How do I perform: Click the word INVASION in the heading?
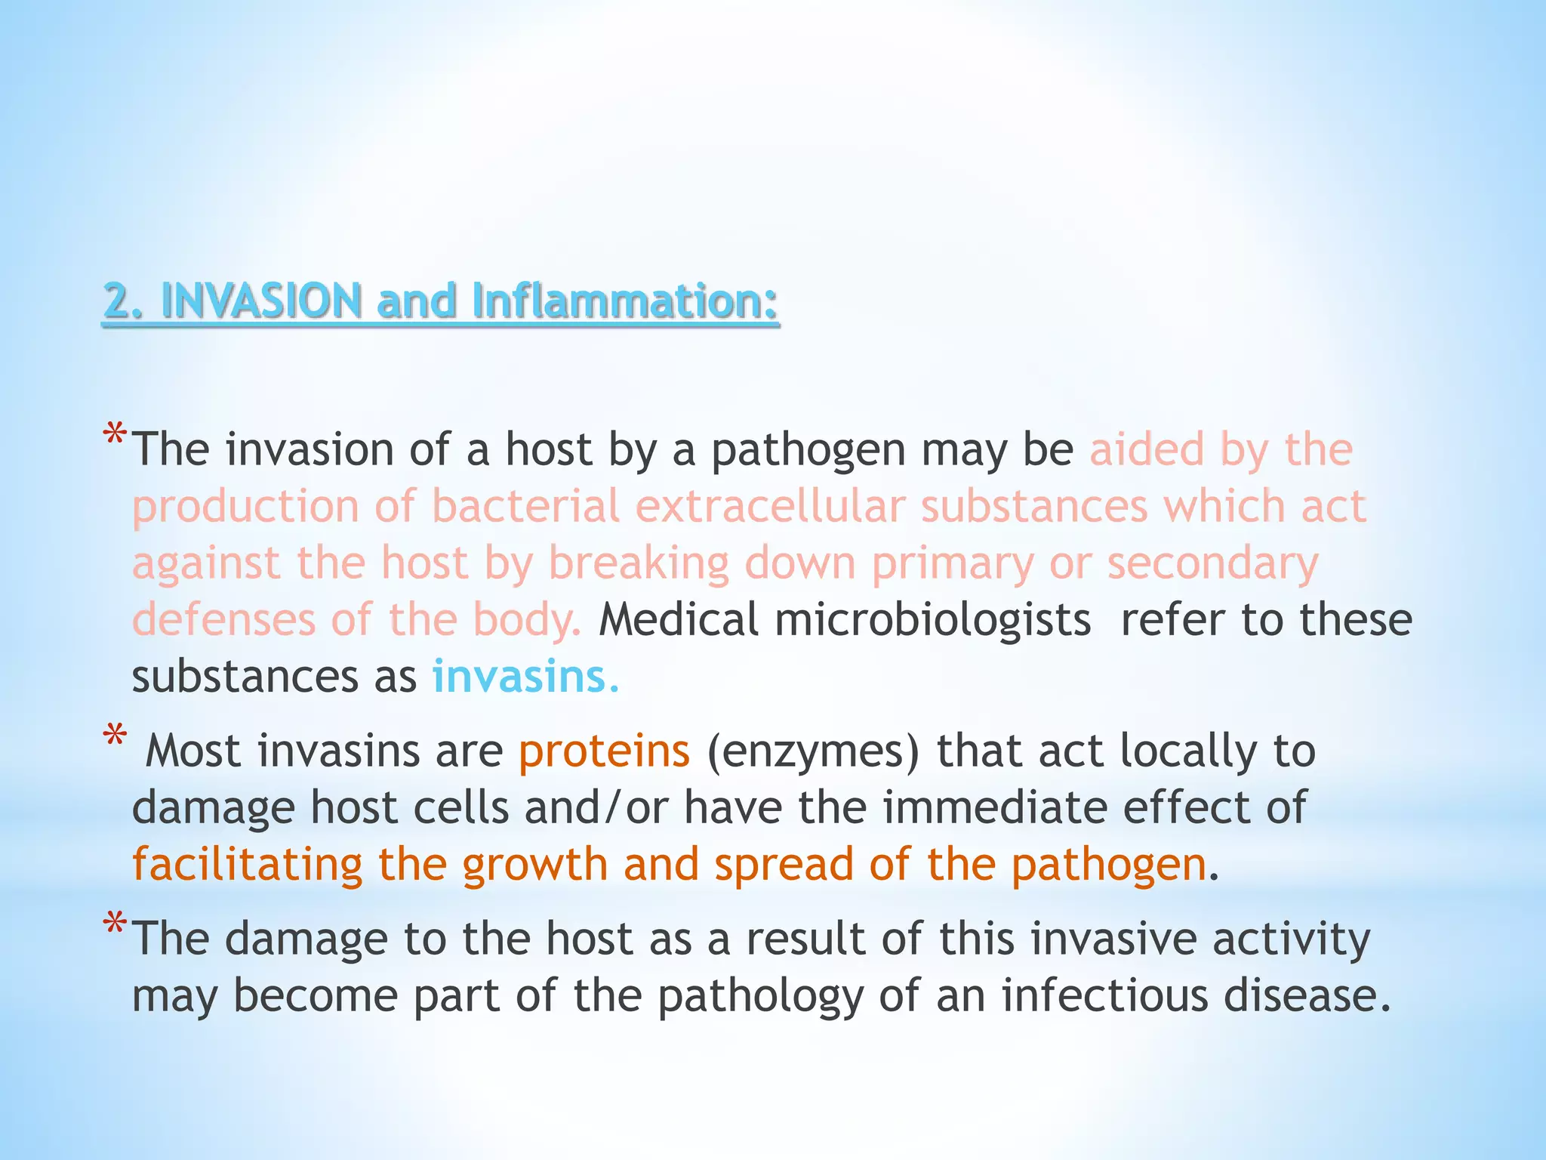(x=261, y=301)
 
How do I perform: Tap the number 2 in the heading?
(x=115, y=301)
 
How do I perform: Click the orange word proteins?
(x=604, y=751)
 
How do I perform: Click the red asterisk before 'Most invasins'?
(x=115, y=737)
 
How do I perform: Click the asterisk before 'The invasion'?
(x=115, y=437)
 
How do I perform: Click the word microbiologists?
(x=933, y=621)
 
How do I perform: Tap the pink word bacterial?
(x=525, y=506)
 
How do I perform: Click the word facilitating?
(x=248, y=865)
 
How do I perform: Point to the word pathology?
(x=760, y=997)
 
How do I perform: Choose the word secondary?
(x=1212, y=563)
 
